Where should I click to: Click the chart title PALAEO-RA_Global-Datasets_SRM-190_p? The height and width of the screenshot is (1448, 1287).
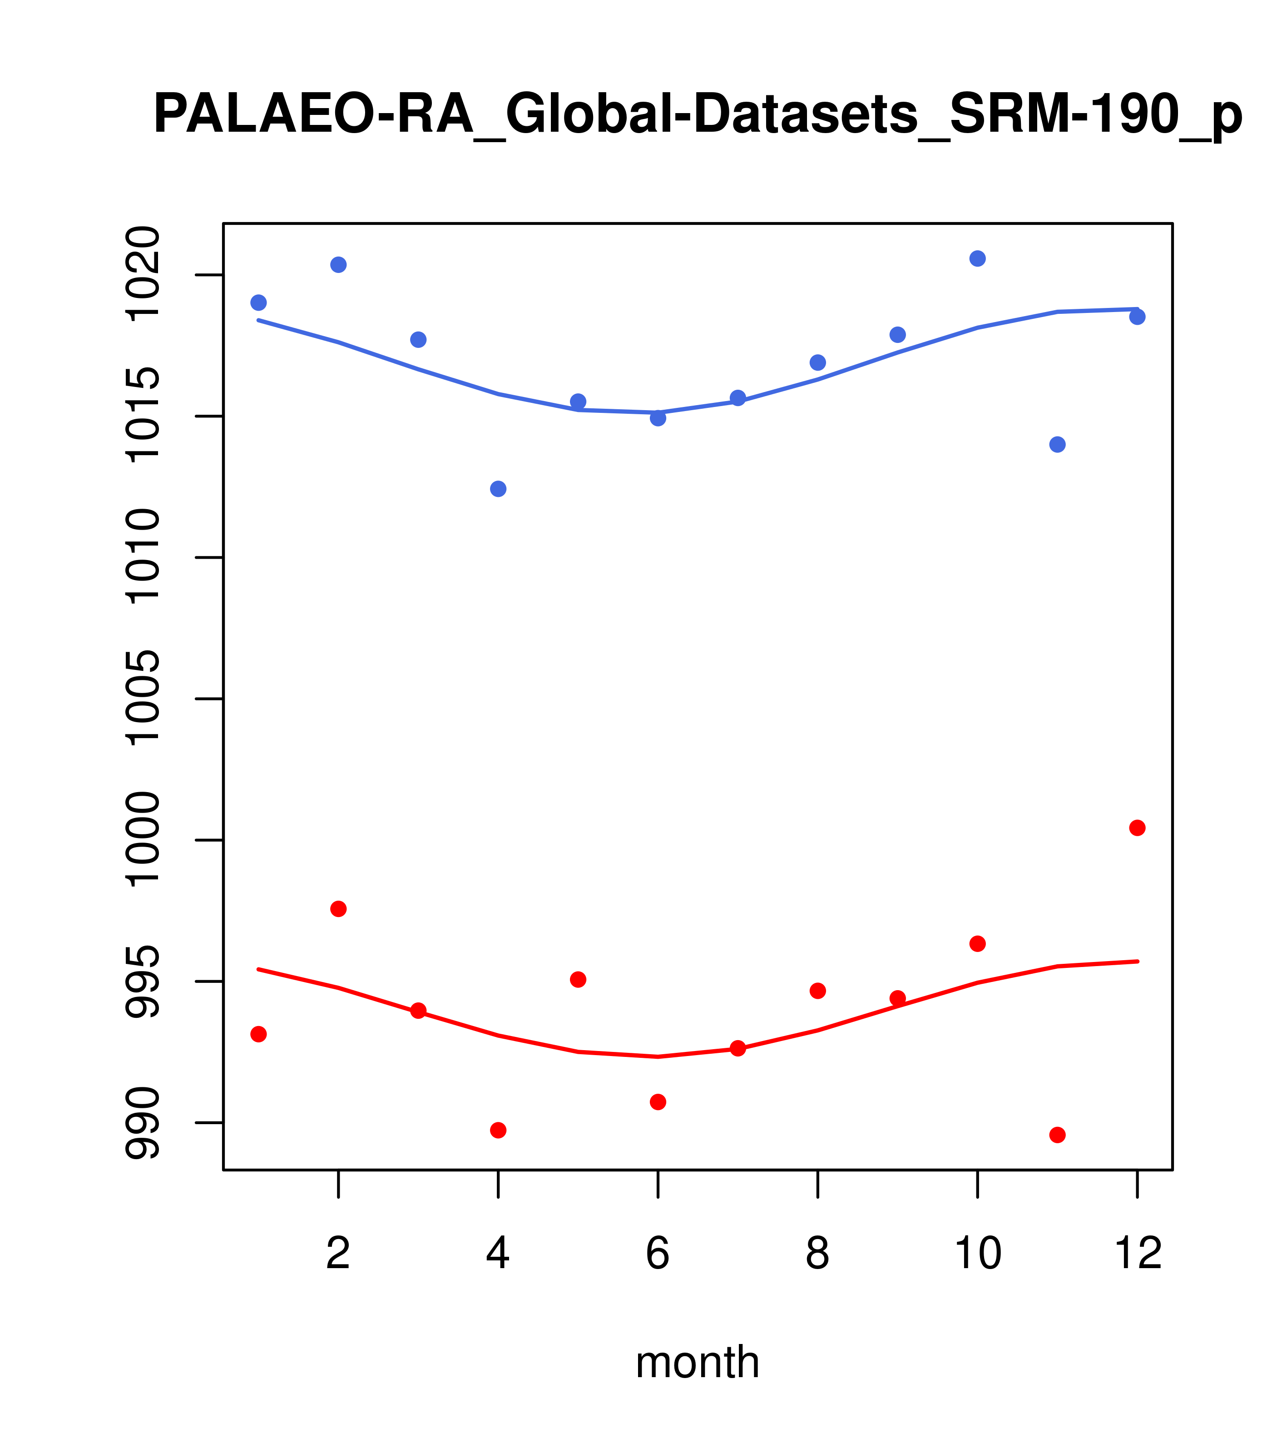point(697,115)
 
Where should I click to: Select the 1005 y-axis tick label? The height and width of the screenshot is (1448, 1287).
point(143,699)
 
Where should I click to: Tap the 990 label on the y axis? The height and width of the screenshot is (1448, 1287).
point(143,1123)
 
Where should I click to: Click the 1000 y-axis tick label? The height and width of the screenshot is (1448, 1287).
point(143,840)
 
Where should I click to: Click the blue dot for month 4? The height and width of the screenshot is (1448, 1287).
point(498,489)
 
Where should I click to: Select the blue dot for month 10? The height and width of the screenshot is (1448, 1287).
point(977,258)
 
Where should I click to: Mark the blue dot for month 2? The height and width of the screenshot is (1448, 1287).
point(339,265)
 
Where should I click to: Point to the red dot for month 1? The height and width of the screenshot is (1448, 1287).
point(258,1034)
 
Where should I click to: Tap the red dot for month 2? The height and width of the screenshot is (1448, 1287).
point(339,909)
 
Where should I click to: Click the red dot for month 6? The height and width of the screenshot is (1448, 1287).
point(658,1101)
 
